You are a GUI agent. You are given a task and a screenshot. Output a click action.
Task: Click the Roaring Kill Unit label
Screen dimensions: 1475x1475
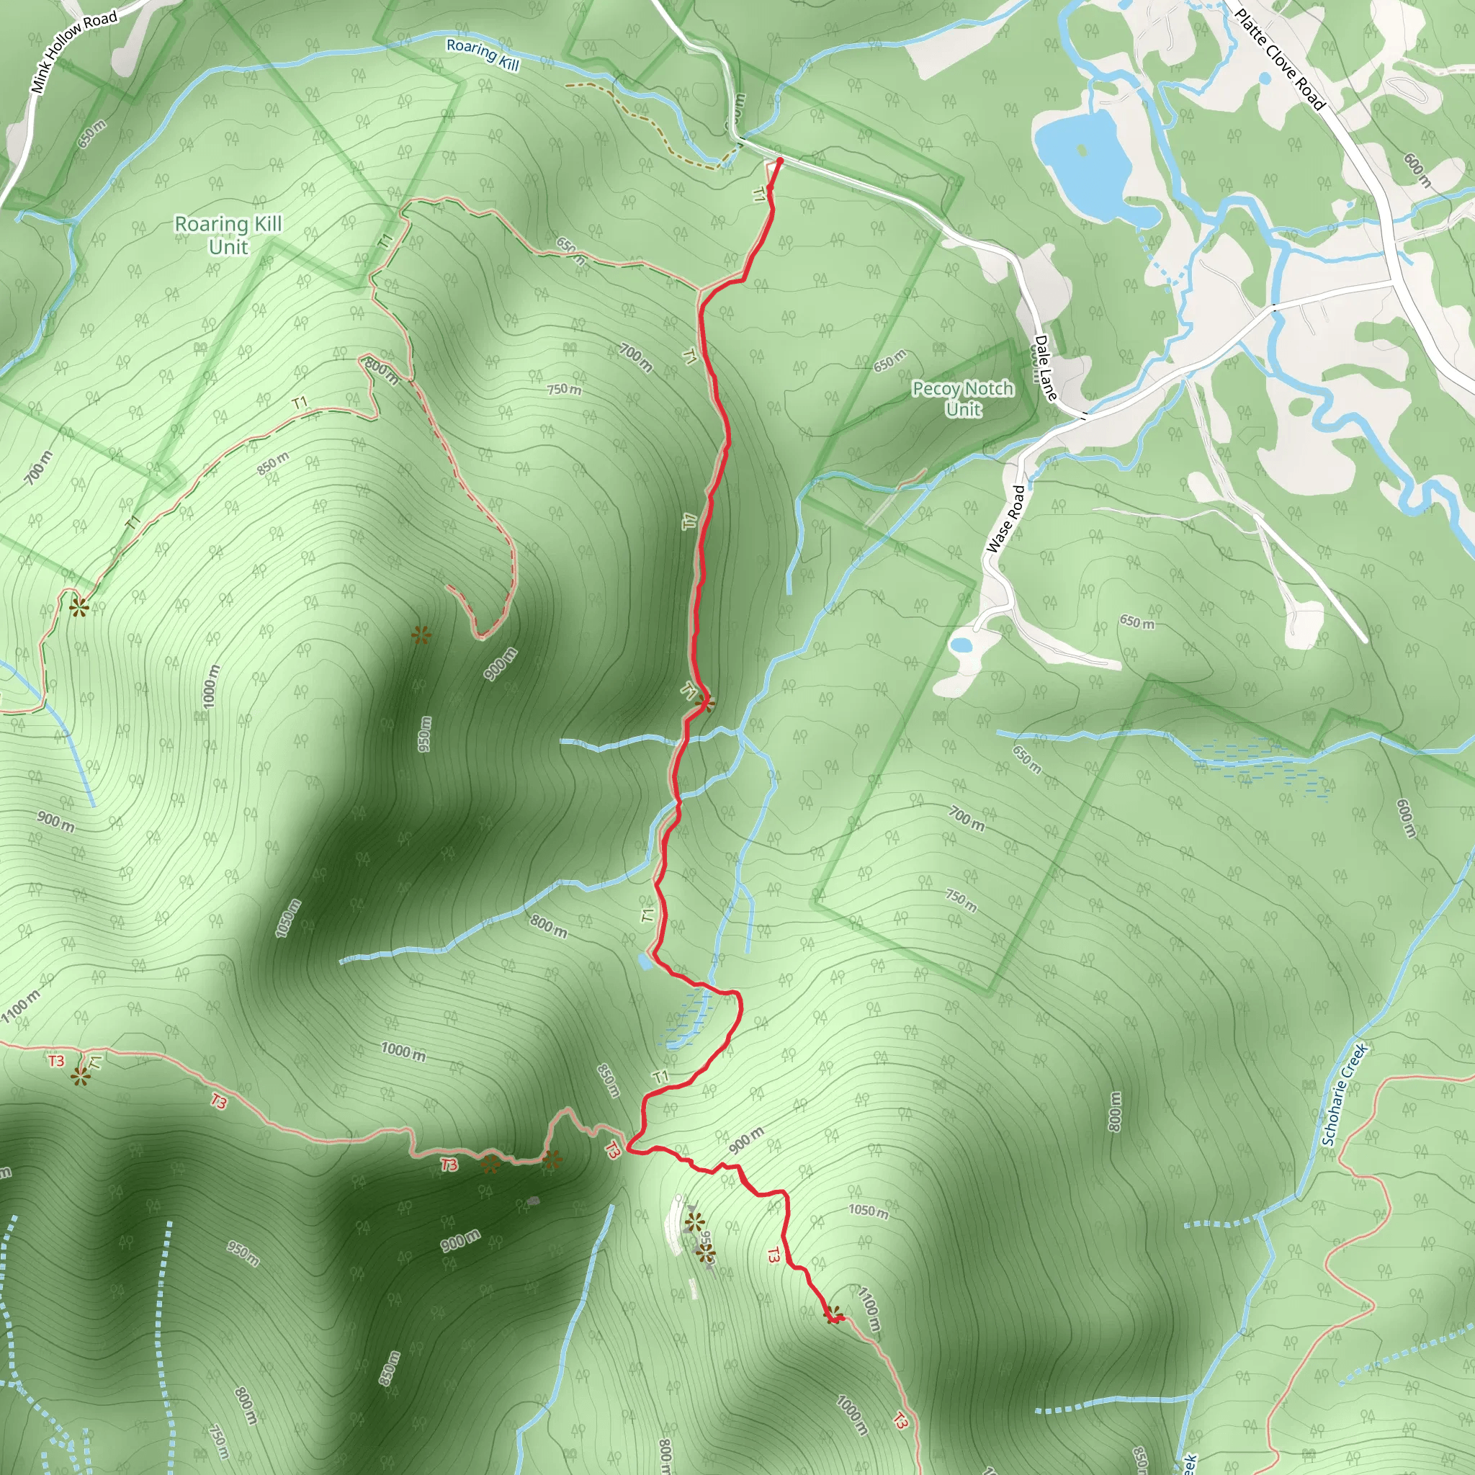pos(228,235)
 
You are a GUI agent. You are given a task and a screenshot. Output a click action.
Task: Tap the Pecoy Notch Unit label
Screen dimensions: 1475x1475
pos(963,398)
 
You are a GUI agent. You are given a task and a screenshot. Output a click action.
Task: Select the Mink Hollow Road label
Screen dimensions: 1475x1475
pos(74,51)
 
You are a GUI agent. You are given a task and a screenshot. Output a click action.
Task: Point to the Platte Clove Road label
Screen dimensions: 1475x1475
pos(1280,59)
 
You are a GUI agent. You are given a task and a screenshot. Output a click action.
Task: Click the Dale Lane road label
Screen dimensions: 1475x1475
pos(1045,368)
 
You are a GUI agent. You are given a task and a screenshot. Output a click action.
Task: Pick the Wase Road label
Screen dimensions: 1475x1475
pos(1005,519)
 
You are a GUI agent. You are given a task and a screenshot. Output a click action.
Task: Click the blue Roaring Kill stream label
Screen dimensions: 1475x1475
pos(483,55)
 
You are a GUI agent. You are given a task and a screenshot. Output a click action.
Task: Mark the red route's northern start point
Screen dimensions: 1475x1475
pos(779,161)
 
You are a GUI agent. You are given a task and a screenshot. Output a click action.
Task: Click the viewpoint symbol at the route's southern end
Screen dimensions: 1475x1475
pos(834,1314)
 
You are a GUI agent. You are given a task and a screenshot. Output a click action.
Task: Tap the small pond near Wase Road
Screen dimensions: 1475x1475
pos(961,645)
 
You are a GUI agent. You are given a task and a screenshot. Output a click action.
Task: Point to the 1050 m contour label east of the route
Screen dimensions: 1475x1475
pos(868,1210)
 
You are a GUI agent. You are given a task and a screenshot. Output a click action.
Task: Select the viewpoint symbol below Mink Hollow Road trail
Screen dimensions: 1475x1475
pos(79,607)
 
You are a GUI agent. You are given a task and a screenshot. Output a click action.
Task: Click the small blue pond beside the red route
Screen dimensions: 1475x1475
pos(645,962)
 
